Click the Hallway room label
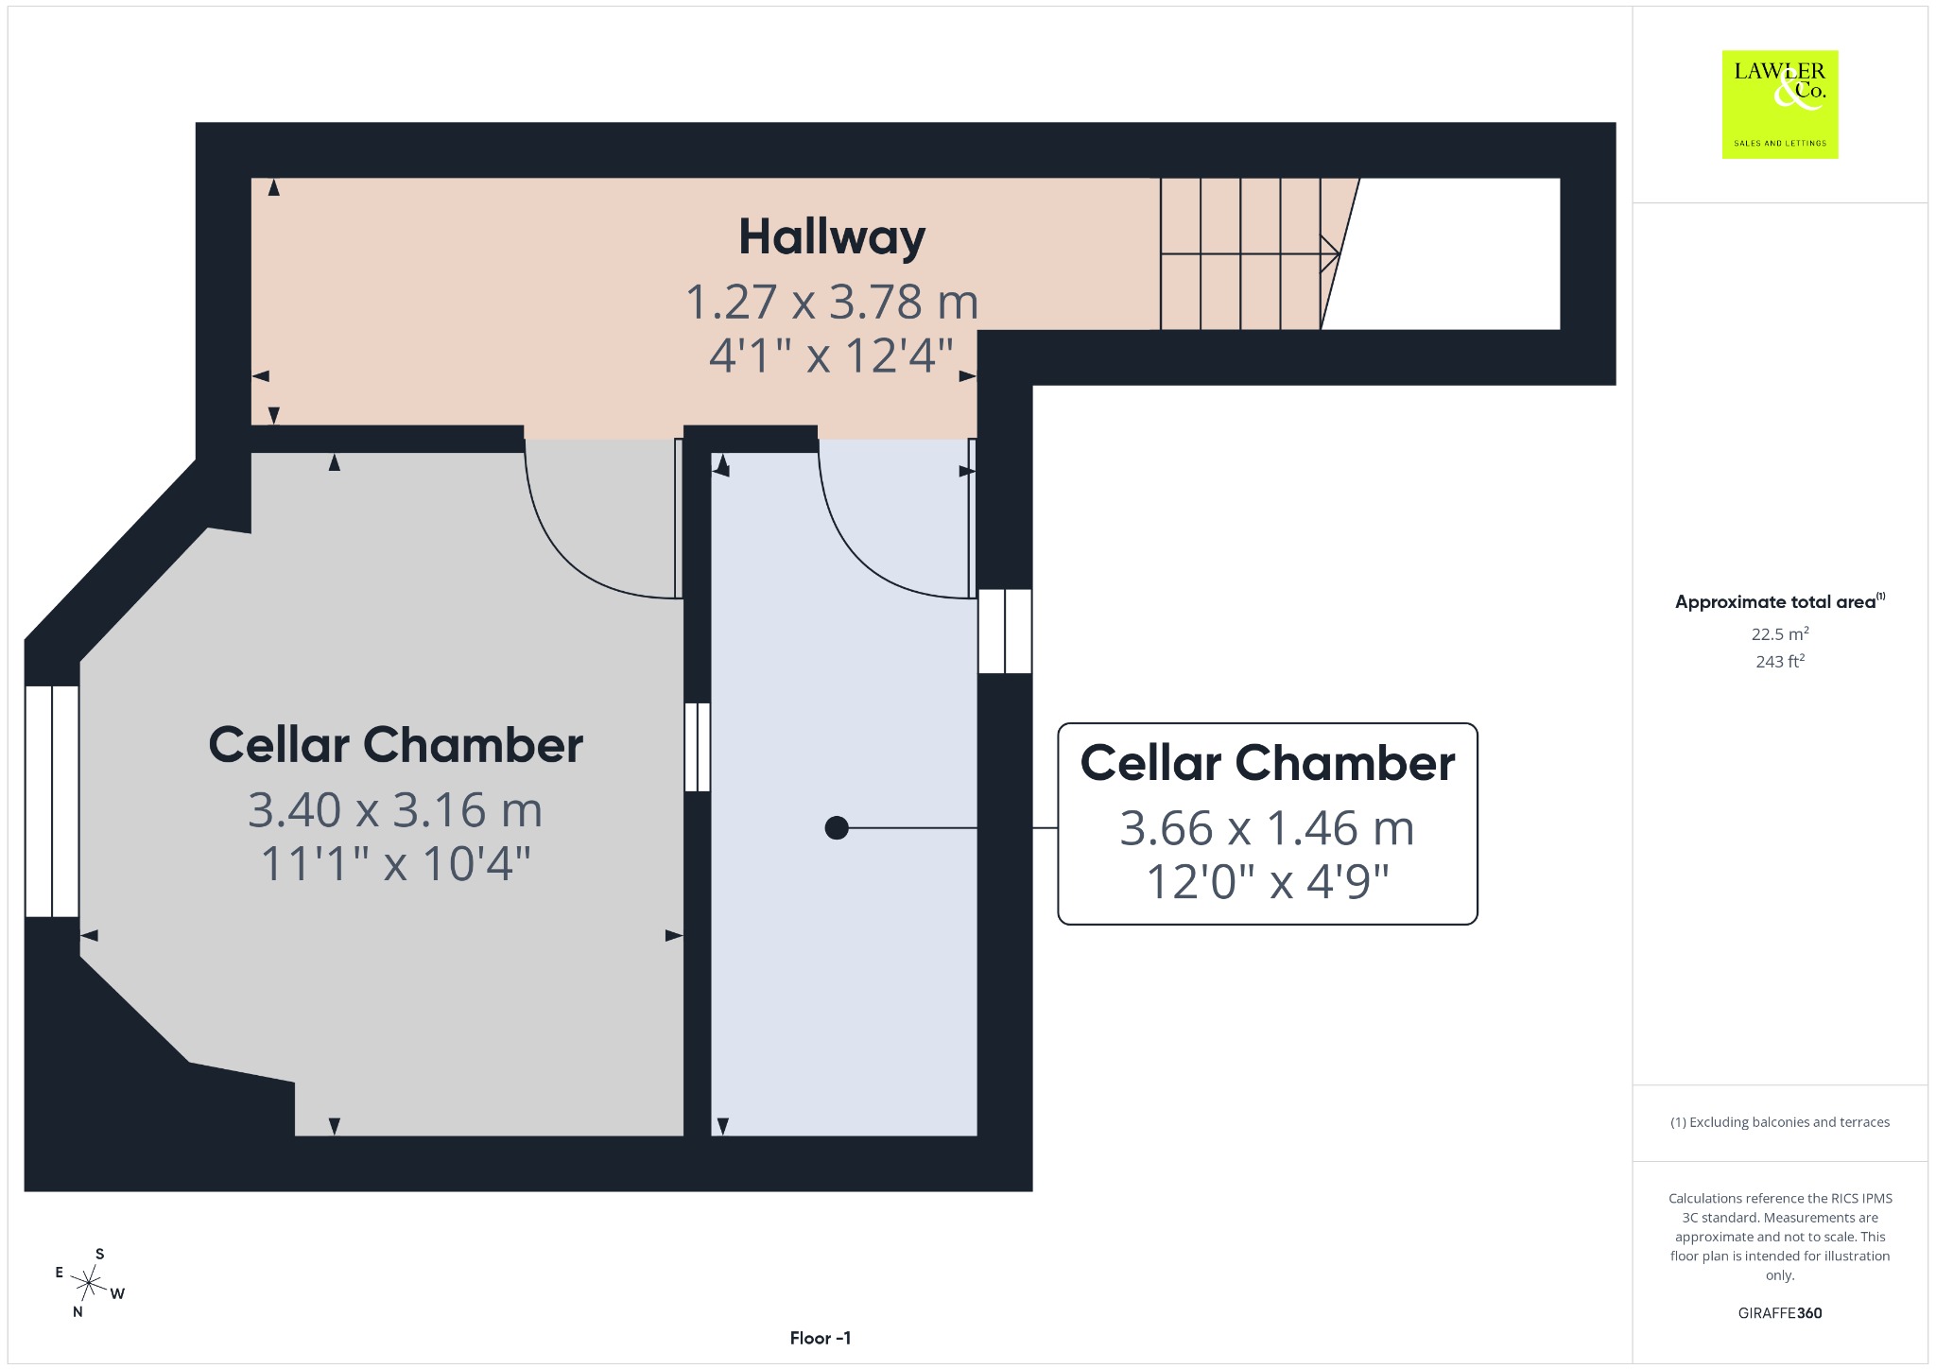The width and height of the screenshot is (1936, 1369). (832, 237)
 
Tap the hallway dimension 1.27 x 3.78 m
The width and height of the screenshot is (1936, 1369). (832, 302)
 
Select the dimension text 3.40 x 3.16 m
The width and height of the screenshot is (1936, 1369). (395, 810)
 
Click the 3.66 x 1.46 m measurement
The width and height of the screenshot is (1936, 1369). (1267, 828)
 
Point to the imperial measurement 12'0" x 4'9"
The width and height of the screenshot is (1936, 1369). (1267, 882)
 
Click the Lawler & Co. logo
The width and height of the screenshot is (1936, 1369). (1780, 104)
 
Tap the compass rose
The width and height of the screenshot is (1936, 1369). (90, 1283)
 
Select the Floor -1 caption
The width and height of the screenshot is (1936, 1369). (821, 1338)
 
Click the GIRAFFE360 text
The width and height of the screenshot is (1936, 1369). (1780, 1312)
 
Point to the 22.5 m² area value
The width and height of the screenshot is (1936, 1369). (1780, 633)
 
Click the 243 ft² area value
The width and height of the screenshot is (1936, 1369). (1780, 661)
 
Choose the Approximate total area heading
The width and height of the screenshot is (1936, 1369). (1780, 601)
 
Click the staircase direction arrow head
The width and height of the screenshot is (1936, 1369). (1331, 253)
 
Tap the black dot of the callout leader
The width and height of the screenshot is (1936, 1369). (837, 828)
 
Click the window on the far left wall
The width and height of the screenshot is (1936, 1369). (52, 802)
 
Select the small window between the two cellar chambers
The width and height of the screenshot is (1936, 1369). (697, 747)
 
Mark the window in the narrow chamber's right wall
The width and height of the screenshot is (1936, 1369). (1005, 632)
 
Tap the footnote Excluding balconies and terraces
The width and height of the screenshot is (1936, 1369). (1780, 1122)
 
